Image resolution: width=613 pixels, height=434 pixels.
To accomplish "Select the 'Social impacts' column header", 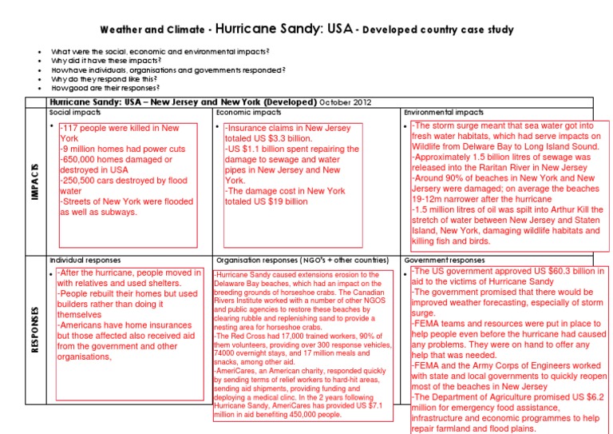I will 76,113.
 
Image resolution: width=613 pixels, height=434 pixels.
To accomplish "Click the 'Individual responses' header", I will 85,261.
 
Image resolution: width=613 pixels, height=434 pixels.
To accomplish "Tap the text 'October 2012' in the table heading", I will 345,103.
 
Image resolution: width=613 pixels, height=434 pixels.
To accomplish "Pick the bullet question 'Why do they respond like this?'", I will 107,79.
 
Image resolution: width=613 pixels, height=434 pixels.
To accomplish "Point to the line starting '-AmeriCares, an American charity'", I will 302,372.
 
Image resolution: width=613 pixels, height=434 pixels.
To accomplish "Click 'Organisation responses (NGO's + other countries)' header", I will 306,261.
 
